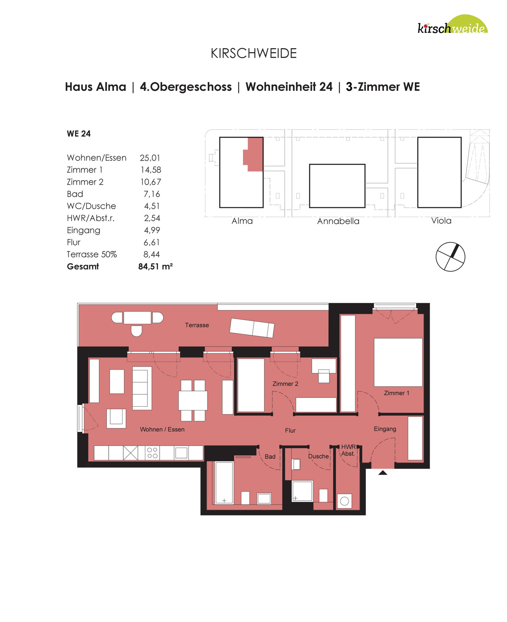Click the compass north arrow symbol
tap(450, 257)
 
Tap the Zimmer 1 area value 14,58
tap(150, 170)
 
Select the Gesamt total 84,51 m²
tap(155, 266)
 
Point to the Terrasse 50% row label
tap(92, 254)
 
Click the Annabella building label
tap(338, 221)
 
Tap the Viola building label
tap(441, 221)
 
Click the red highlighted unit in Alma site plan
tap(253, 155)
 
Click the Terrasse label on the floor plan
tap(197, 325)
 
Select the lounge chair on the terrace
tap(252, 328)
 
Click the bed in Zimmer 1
tap(398, 362)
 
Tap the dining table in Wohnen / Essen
tap(193, 401)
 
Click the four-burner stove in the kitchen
tap(152, 453)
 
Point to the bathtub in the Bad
tap(224, 483)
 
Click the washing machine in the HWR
tap(344, 501)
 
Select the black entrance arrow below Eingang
tap(383, 473)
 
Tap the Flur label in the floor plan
tap(290, 430)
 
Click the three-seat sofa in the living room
tap(142, 388)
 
